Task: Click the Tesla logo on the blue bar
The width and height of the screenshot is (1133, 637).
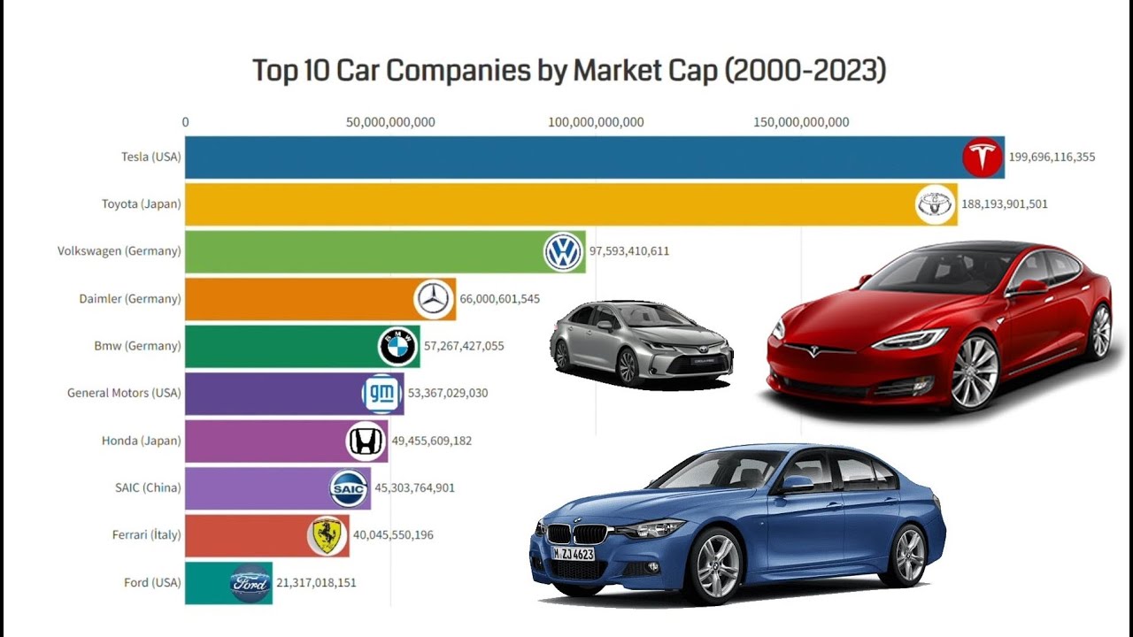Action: [983, 157]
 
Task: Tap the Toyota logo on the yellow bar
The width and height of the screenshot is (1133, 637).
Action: [935, 204]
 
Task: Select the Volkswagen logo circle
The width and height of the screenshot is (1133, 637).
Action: [563, 251]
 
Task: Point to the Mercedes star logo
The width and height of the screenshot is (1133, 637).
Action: [434, 299]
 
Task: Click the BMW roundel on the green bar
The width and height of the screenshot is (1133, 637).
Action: [397, 346]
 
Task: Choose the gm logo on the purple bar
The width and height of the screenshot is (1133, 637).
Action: [382, 394]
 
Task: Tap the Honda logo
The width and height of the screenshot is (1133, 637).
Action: [365, 441]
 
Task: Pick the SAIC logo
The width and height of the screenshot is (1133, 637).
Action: [348, 488]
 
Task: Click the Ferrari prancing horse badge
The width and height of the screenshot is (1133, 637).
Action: [327, 535]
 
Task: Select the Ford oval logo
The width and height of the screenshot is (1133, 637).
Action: [250, 583]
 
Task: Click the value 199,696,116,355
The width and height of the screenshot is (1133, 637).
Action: [1052, 157]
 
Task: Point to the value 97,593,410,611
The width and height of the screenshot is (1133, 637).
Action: [629, 251]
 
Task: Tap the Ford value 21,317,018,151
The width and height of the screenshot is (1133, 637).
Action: [316, 583]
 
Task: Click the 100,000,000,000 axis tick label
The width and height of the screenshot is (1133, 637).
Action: [596, 122]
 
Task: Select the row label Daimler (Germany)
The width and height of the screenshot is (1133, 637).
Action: [130, 299]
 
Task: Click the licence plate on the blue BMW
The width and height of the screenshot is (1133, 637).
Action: [573, 554]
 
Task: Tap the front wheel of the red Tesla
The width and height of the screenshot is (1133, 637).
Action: [975, 372]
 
